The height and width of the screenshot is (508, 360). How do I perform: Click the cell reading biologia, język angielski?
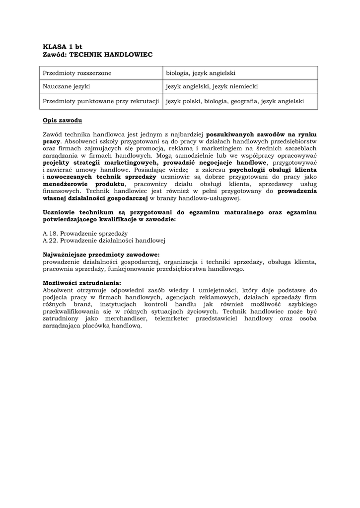[x=201, y=73]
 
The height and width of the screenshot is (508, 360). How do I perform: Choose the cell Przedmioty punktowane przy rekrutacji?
[x=101, y=101]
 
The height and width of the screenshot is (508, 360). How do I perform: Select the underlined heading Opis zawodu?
[x=63, y=121]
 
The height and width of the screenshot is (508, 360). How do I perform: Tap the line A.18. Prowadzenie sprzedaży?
[x=85, y=233]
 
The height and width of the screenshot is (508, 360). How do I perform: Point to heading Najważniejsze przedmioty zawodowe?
[x=101, y=254]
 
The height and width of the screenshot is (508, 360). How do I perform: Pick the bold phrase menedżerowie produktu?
[x=83, y=184]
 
